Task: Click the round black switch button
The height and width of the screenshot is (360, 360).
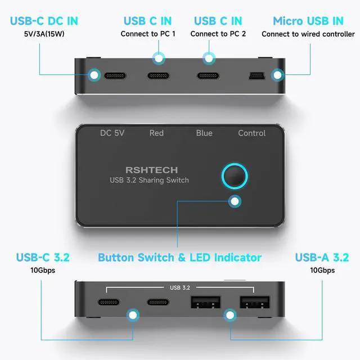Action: pos(235,176)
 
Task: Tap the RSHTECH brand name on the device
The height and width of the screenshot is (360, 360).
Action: pos(152,170)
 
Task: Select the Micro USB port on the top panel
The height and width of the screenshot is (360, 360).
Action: pos(257,76)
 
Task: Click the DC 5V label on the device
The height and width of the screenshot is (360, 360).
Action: pos(112,133)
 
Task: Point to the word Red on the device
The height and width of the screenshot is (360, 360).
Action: pos(156,133)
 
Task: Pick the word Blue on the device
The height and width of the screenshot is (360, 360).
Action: pos(204,133)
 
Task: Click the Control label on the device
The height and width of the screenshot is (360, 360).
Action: pos(252,133)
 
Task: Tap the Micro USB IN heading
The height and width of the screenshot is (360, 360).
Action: pos(308,21)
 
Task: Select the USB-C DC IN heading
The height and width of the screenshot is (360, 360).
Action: pos(44,21)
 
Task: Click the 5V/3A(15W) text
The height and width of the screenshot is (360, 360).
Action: pos(44,34)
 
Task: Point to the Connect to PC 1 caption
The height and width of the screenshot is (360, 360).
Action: pos(148,34)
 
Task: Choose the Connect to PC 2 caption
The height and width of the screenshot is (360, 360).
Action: pos(218,34)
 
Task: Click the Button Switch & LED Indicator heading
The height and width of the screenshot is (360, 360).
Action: pos(180,258)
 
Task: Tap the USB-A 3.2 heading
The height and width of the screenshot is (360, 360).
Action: pos(322,258)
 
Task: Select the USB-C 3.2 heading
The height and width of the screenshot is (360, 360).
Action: pos(43,258)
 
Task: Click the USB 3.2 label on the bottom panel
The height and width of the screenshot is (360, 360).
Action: pos(180,287)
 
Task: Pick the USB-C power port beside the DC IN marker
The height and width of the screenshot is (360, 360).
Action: pos(115,76)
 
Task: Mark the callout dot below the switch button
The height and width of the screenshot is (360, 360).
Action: pos(235,201)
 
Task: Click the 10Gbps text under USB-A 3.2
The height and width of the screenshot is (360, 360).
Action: pos(322,270)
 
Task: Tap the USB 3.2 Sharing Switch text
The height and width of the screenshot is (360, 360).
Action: pos(149,180)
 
